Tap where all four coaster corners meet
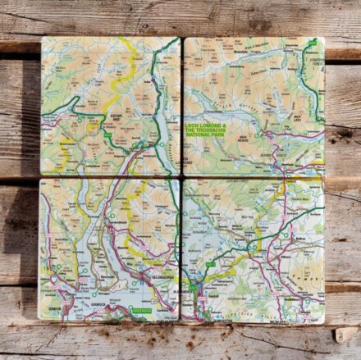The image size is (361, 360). [181, 177]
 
